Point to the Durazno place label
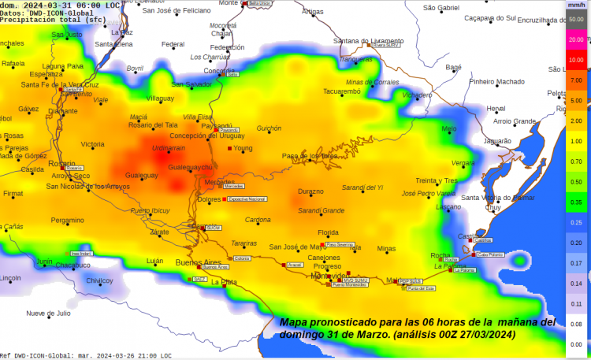pos(310,191)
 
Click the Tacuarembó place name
pos(341,91)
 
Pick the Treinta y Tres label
pos(437,180)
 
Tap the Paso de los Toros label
pos(310,156)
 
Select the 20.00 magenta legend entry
pos(576,39)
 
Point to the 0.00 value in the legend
pos(576,344)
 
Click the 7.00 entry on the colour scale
pos(576,80)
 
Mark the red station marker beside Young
pos(230,148)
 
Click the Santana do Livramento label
pos(369,41)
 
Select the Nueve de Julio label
pos(48,313)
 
